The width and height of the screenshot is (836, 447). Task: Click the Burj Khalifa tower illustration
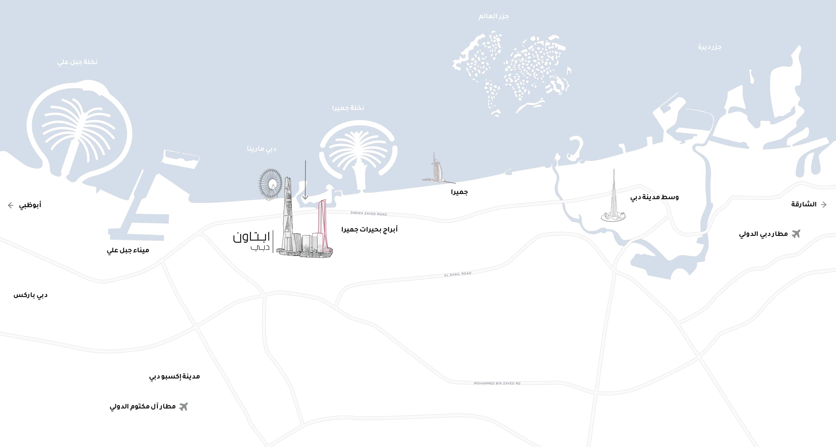614,201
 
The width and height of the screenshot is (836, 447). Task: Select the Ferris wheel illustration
270,184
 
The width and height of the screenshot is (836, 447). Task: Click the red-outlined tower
322,224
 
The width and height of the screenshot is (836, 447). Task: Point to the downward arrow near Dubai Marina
305,181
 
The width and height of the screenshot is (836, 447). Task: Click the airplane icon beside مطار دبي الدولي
796,234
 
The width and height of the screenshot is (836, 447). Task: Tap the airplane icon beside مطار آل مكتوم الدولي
183,407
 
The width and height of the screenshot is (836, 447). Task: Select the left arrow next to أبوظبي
11,205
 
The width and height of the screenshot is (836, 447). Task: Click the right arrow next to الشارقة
824,204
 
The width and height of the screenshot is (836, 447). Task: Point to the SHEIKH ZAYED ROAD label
369,213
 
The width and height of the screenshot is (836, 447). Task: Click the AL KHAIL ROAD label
457,274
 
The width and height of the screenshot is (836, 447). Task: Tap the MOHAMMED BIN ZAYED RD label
497,383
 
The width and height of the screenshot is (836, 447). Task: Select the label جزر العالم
493,16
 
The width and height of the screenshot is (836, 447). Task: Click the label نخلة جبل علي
77,62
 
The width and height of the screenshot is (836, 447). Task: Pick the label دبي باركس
30,295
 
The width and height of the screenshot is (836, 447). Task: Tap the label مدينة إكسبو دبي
174,377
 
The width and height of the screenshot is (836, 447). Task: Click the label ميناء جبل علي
128,250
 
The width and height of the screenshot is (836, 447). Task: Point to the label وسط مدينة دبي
654,197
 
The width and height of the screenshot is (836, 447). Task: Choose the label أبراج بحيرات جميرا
369,230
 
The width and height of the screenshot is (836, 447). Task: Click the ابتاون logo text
251,237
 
